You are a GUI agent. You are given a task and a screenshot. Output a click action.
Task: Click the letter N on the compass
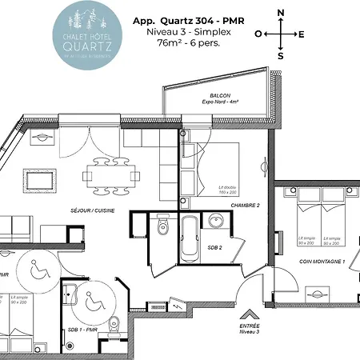[280, 13]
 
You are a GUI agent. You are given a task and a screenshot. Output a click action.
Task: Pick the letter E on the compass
[302, 34]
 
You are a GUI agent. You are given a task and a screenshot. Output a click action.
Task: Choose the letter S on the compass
[280, 56]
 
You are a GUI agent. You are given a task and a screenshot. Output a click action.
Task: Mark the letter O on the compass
[258, 34]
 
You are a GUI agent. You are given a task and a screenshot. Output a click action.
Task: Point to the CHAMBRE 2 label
[245, 206]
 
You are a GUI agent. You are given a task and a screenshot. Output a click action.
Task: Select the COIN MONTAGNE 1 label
[322, 262]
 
